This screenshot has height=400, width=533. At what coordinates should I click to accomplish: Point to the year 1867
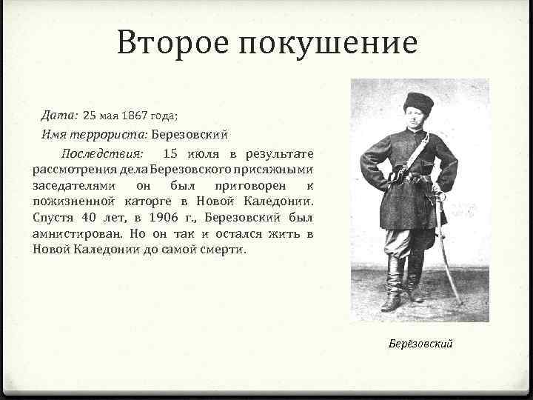(x=134, y=116)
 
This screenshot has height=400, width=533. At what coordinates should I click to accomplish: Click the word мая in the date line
(x=108, y=116)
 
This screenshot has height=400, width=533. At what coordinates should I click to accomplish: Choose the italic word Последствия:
(x=103, y=154)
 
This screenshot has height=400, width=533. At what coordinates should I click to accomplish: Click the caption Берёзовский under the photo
(x=420, y=344)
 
